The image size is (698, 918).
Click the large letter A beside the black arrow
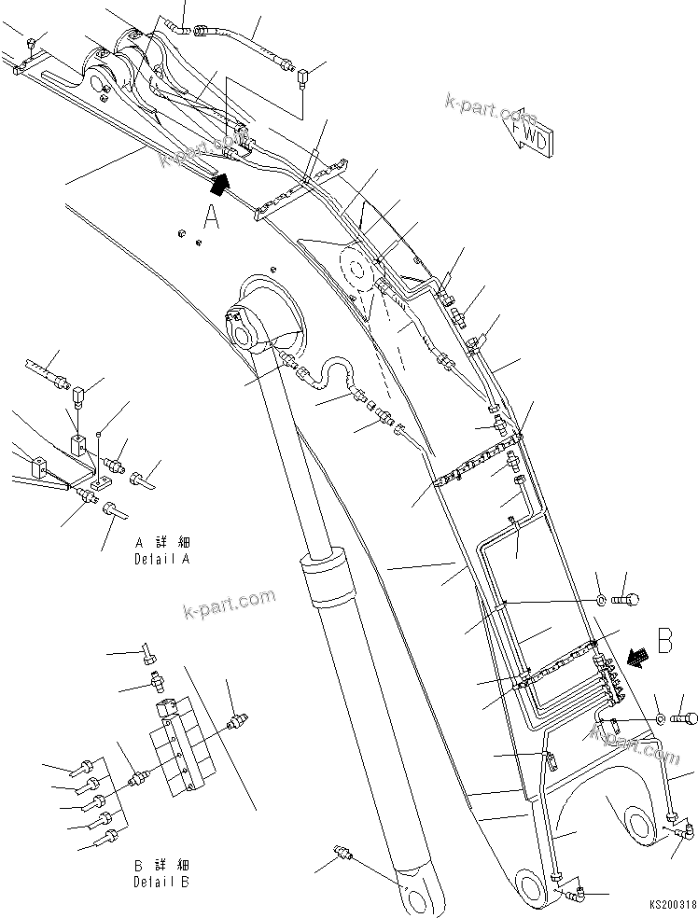point(213,217)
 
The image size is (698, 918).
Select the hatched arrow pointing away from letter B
point(638,658)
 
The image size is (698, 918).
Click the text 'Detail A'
point(161,561)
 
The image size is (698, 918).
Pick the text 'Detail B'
point(161,881)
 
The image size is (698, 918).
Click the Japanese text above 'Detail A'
point(161,542)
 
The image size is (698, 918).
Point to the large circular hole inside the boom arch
point(638,822)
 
